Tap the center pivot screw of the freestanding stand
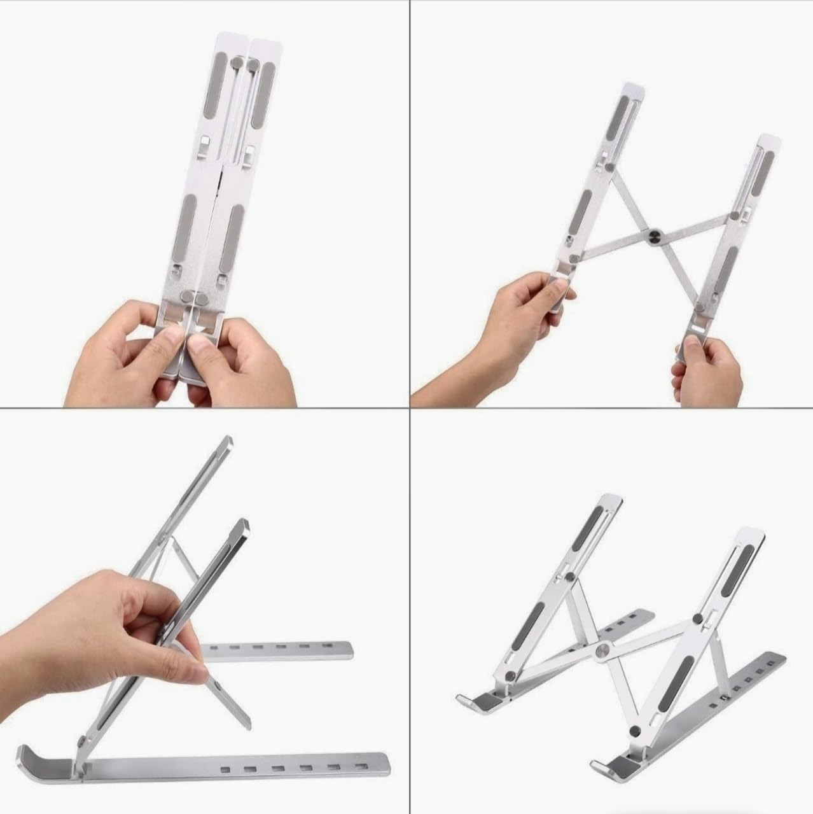pos(602,650)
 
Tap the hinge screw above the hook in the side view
pos(83,741)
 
